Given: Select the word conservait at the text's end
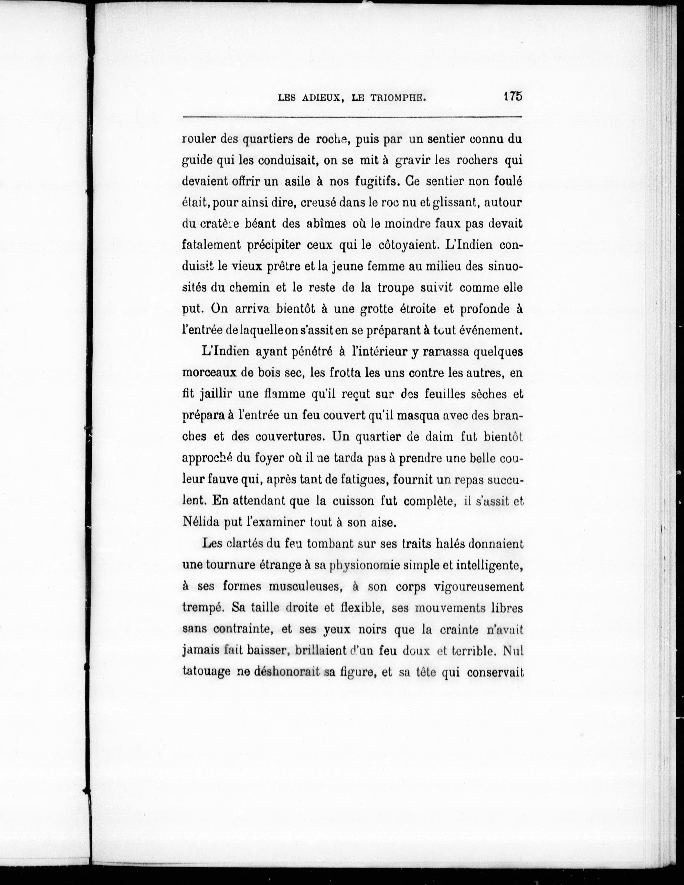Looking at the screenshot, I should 495,672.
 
